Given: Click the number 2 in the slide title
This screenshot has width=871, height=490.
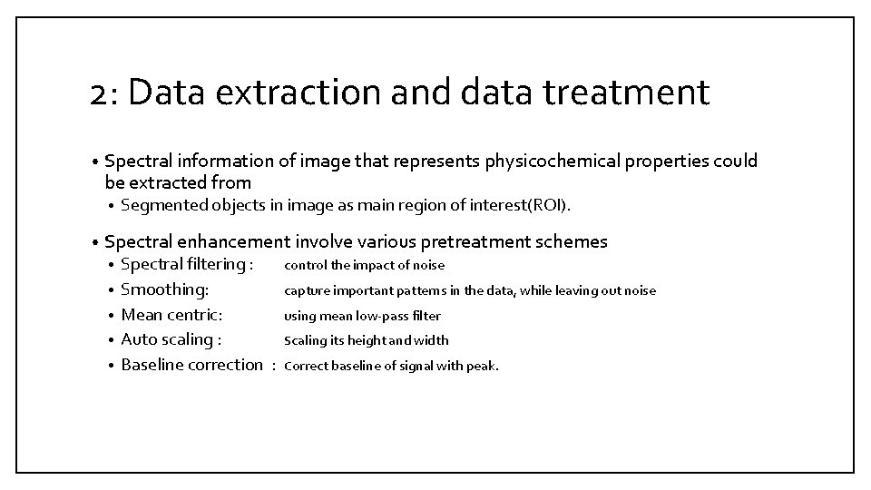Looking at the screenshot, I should point(101,93).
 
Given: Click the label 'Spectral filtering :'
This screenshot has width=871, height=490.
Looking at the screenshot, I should point(186,265).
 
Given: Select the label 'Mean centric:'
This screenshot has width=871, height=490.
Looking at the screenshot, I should point(171,315).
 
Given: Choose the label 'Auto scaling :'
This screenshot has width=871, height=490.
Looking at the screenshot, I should point(171,339).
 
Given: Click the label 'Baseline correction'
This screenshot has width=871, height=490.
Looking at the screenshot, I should point(191,365).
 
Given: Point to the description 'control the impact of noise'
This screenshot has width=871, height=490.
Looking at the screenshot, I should point(365,266).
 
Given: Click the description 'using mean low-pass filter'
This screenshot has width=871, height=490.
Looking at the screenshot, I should point(362,316).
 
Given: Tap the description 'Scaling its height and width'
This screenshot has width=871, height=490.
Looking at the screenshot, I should point(367,340).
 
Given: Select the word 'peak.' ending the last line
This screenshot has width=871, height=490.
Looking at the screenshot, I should point(483,366).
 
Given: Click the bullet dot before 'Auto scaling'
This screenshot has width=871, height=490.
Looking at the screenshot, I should point(110,340).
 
